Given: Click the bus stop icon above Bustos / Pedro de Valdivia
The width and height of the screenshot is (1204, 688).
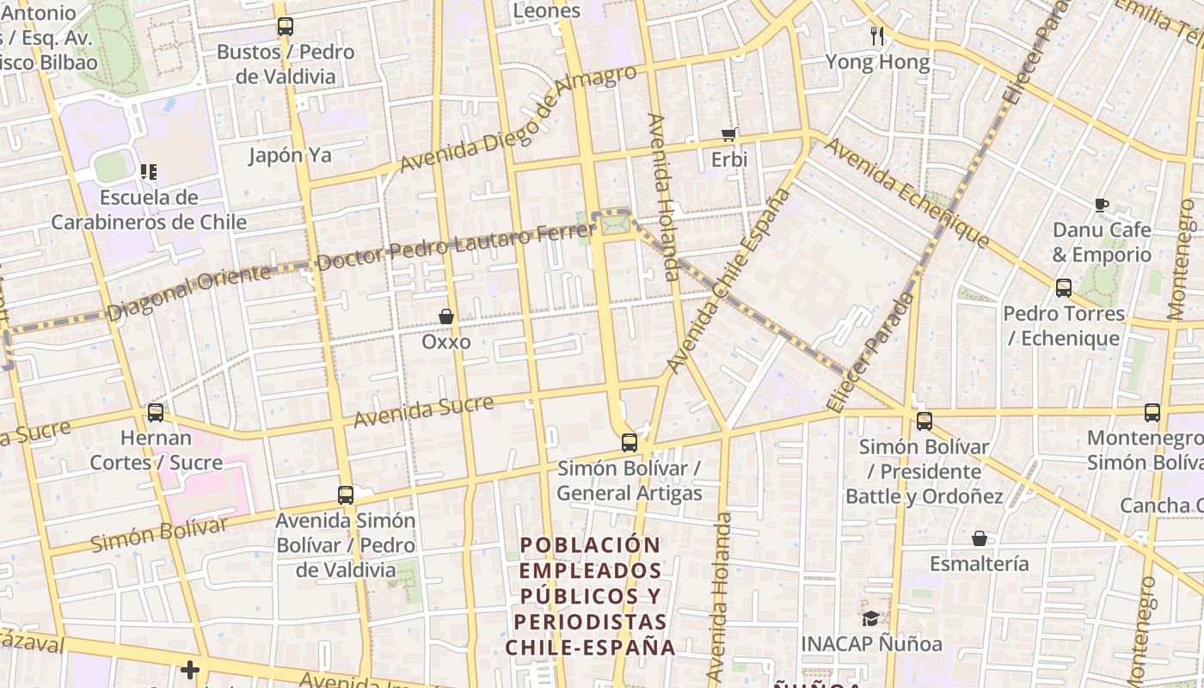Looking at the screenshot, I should (286, 27).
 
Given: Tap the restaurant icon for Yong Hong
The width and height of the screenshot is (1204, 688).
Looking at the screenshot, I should (877, 35).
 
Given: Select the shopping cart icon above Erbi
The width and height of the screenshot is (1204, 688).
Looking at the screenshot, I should (729, 134).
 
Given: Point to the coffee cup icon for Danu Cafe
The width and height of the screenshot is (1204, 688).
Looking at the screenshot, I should (1102, 205).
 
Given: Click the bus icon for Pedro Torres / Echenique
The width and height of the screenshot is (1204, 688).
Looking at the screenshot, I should (1064, 288).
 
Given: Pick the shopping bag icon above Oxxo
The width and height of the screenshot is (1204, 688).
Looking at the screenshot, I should (446, 316).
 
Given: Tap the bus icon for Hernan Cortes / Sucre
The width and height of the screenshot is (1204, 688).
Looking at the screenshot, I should (156, 413).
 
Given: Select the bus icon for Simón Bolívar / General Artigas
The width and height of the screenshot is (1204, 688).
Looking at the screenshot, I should (630, 443).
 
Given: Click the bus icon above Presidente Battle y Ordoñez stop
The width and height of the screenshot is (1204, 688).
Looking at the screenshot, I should (924, 421).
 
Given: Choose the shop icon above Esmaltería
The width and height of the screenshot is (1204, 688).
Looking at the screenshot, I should (980, 539).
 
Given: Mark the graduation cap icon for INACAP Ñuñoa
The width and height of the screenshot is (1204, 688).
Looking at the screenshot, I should (871, 618).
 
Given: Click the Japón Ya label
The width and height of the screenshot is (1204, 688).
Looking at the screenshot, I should (290, 156).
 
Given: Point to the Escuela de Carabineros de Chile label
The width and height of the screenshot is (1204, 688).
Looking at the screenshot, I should (149, 210).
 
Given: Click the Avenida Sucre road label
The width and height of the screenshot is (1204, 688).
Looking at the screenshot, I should (424, 411).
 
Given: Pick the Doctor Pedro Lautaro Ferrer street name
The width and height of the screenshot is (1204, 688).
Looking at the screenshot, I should (456, 244).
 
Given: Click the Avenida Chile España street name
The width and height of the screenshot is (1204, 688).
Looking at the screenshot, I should (728, 280).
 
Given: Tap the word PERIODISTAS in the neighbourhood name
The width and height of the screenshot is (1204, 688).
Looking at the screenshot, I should (590, 621).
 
